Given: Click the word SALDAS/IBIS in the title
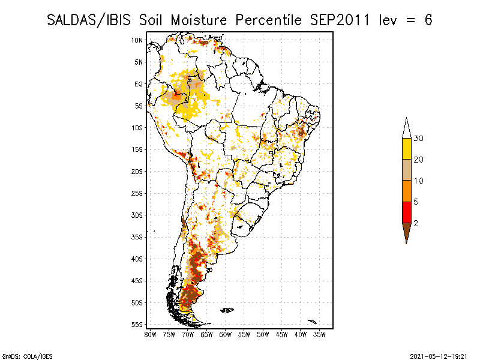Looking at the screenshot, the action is (x=89, y=20).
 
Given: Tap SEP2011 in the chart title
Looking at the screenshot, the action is (x=340, y=20).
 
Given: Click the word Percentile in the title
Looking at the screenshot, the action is (x=268, y=20).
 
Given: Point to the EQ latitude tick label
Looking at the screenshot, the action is (x=139, y=84).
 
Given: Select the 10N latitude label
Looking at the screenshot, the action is (x=137, y=40).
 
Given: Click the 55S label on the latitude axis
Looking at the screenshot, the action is (x=137, y=325).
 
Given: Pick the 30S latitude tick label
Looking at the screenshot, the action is (x=137, y=215).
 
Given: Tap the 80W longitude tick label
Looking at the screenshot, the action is (x=151, y=335).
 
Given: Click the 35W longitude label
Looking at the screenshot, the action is (x=319, y=335).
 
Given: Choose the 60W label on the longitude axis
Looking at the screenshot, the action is (x=226, y=335).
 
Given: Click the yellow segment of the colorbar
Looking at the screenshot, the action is (x=407, y=149).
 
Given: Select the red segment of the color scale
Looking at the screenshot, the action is (x=407, y=212).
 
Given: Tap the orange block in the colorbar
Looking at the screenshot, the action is (x=407, y=191).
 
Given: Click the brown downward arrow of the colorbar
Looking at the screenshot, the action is (x=407, y=232).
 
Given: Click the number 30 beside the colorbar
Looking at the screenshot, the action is (x=418, y=139).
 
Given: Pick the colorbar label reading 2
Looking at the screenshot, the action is (x=416, y=223).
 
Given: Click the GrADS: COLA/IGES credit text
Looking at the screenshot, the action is (x=27, y=356).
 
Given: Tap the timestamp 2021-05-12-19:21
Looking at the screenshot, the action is (x=439, y=356).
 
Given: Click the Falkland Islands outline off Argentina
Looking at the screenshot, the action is (x=227, y=310).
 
